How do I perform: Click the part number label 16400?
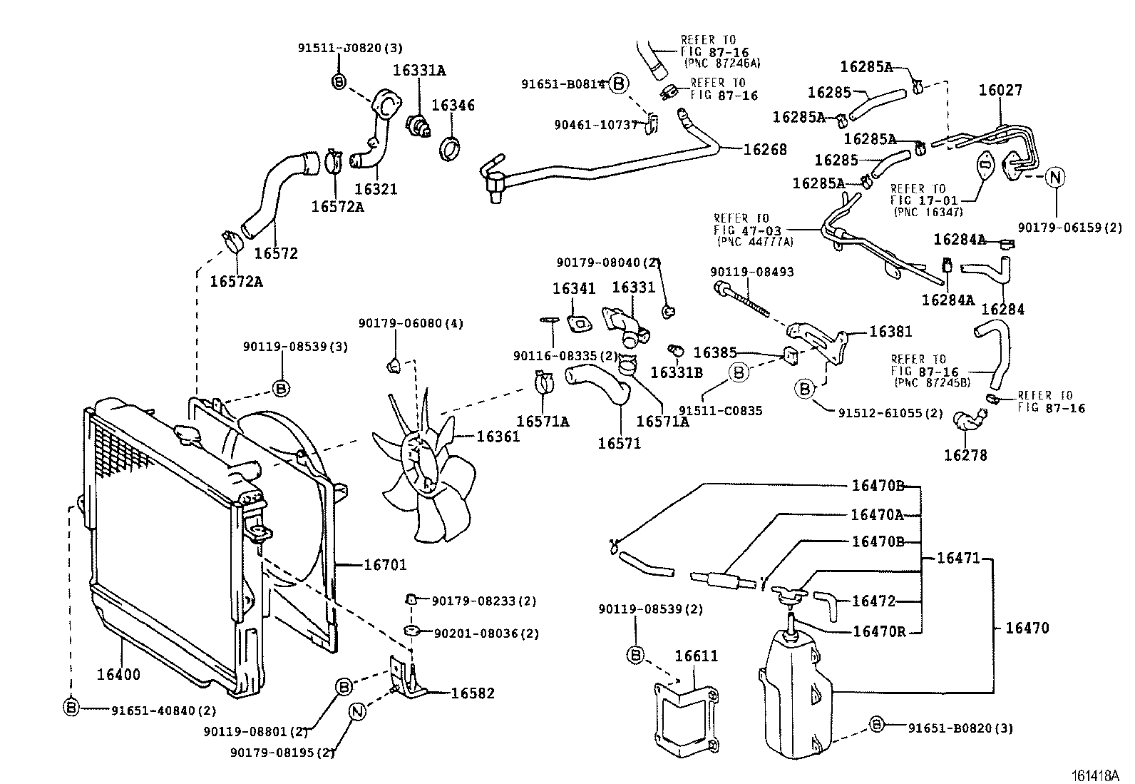tap(119, 674)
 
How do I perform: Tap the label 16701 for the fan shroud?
tap(385, 565)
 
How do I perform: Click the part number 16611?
tap(697, 656)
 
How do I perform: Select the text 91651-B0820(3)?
tap(960, 728)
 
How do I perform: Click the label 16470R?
tap(879, 632)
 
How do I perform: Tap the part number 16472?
tap(873, 601)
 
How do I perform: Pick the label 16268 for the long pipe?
tap(765, 149)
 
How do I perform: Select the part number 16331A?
tap(419, 70)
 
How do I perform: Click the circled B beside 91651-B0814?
tap(619, 84)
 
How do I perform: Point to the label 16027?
tap(1000, 90)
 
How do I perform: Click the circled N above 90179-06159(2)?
tap(1055, 178)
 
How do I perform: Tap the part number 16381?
tap(890, 332)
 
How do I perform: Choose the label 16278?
tap(965, 455)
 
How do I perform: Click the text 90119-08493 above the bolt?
tap(751, 272)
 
